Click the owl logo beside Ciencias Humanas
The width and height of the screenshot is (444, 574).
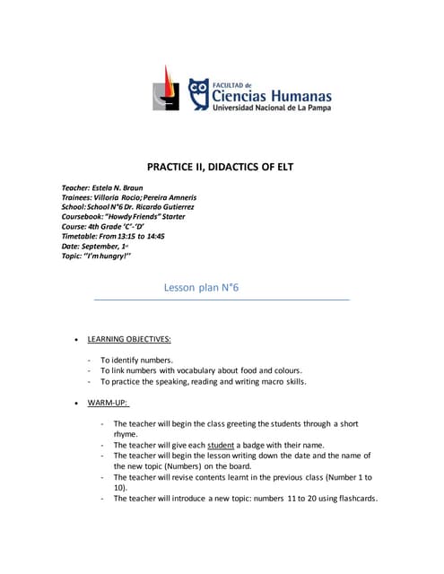(199, 93)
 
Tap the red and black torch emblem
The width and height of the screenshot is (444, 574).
(161, 88)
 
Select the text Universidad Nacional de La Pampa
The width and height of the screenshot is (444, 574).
(272, 109)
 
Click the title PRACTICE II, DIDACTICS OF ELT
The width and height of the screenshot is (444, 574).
(220, 167)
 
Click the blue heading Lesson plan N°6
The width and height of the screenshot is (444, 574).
(201, 287)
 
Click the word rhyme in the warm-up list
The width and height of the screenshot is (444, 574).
(126, 434)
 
